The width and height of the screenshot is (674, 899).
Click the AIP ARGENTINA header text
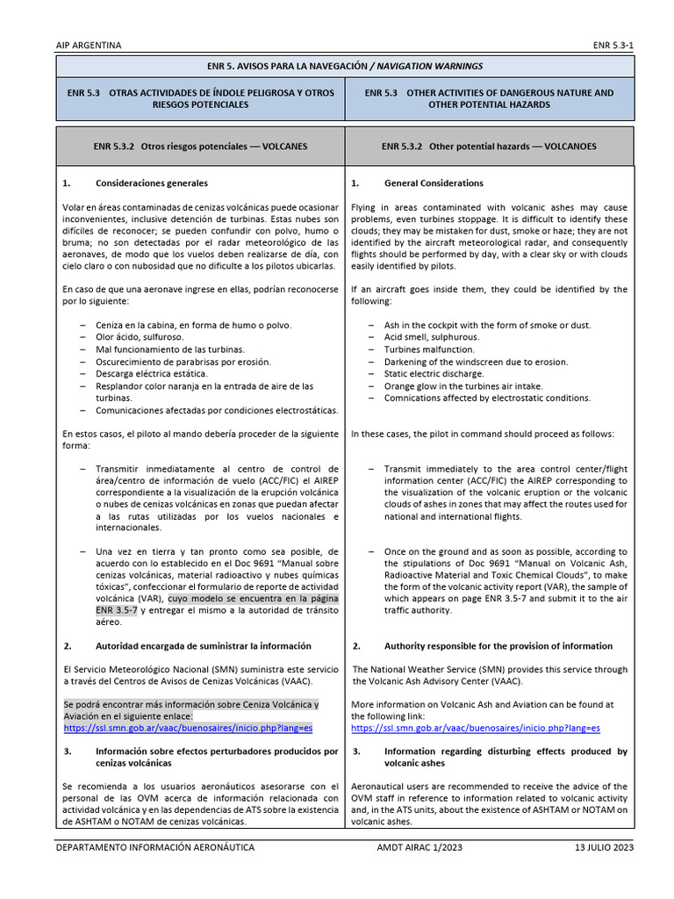click(89, 45)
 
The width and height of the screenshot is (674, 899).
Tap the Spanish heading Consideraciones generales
click(152, 183)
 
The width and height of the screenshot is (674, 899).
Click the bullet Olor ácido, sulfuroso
click(140, 337)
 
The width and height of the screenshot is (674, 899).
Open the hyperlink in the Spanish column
click(188, 728)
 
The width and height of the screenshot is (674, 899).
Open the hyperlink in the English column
click(476, 728)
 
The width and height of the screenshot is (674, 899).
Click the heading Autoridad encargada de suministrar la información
click(203, 645)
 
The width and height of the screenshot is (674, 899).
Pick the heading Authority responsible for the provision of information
click(498, 645)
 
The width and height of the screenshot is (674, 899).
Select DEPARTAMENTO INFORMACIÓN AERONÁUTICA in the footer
click(154, 847)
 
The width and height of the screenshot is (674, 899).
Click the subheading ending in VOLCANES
click(200, 147)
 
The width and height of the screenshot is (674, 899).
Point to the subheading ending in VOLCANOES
click(489, 147)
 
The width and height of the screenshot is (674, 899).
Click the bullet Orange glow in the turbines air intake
click(463, 385)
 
